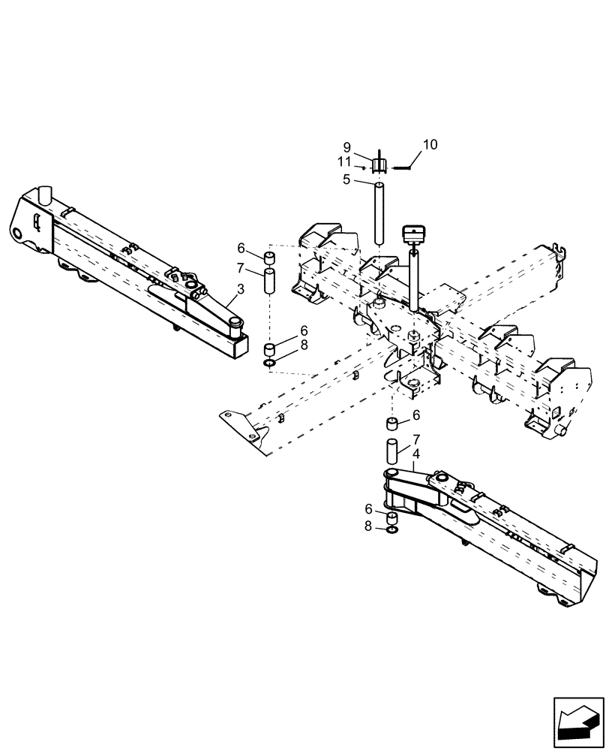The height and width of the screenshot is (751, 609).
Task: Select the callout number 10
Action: point(430,143)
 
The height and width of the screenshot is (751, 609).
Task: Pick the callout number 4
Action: point(415,454)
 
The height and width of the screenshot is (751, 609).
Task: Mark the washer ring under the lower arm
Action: point(391,532)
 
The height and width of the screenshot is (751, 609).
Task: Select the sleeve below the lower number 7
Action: point(391,452)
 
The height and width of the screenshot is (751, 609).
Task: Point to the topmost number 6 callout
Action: point(241,248)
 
